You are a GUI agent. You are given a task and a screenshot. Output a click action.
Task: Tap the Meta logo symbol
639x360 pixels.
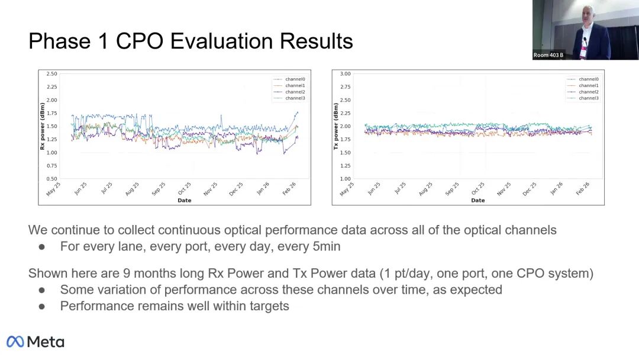pyautogui.click(x=15, y=342)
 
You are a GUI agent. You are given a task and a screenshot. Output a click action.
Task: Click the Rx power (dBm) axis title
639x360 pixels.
pyautogui.click(x=43, y=126)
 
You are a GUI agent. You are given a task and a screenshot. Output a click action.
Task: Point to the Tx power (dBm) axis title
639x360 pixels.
pyautogui.click(x=336, y=126)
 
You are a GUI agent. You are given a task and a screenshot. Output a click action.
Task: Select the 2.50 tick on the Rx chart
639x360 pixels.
pyautogui.click(x=51, y=74)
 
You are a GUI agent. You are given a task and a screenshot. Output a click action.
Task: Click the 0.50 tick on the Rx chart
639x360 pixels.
pyautogui.click(x=51, y=179)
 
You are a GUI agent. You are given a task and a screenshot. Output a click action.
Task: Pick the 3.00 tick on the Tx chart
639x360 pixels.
pyautogui.click(x=345, y=74)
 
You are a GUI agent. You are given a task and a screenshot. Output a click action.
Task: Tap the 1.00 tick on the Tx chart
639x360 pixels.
pyautogui.click(x=345, y=179)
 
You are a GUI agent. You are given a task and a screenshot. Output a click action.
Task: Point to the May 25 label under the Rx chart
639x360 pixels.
pyautogui.click(x=53, y=189)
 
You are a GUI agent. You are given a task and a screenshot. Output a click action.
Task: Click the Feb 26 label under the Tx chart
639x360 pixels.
pyautogui.click(x=582, y=189)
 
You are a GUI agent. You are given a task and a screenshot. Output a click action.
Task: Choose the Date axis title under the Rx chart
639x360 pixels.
pyautogui.click(x=184, y=200)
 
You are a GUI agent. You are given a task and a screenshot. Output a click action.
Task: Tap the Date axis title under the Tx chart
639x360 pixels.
pyautogui.click(x=477, y=200)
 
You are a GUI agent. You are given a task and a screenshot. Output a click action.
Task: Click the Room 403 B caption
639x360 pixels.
pyautogui.click(x=548, y=55)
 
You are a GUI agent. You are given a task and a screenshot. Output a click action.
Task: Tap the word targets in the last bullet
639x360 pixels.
pyautogui.click(x=267, y=306)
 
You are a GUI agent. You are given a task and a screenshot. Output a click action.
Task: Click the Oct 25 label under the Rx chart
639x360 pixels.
pyautogui.click(x=184, y=189)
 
